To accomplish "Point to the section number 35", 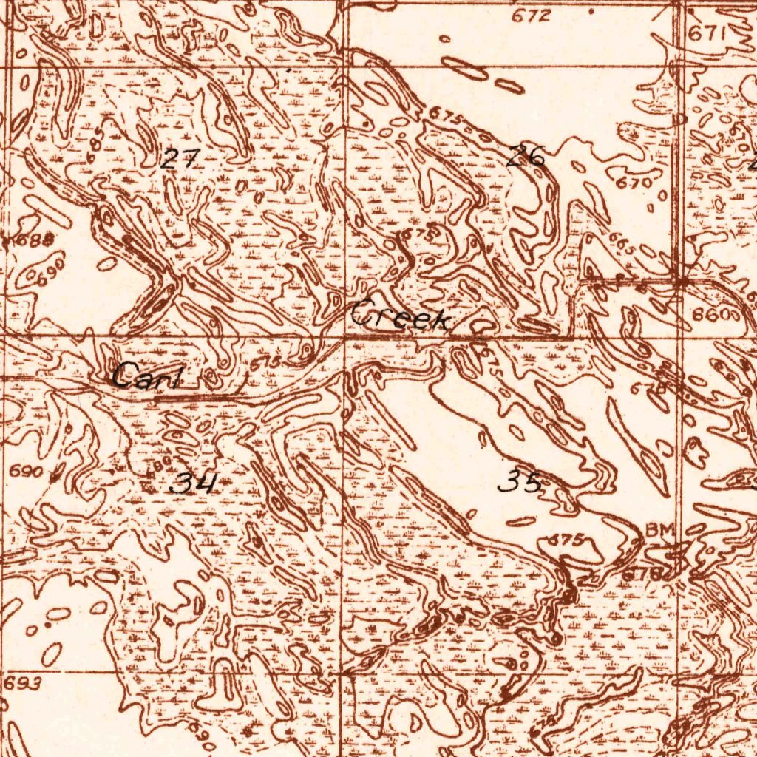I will coord(520,483).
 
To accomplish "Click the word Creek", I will coord(401,318).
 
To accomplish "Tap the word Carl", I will coord(147,378).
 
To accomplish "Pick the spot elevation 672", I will coord(534,16).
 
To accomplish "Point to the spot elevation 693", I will coord(22,684).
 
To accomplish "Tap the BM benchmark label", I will coord(660,530).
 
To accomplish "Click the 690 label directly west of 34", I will coord(26,471).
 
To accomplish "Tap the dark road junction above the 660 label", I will coord(684,282).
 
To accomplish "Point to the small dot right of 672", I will coord(591,12).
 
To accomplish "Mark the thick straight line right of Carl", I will coord(194,397).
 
